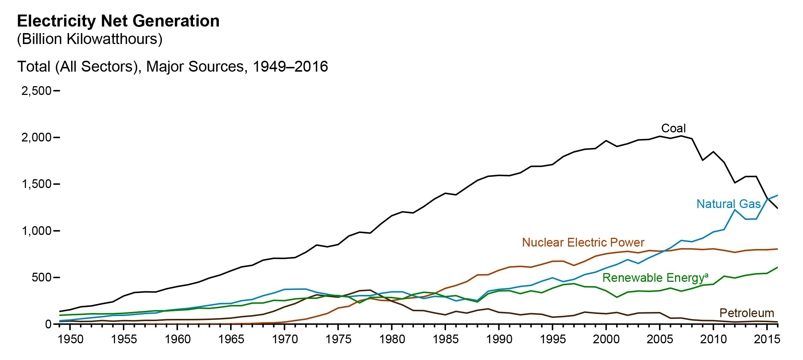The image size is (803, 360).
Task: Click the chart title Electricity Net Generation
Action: (x=118, y=21)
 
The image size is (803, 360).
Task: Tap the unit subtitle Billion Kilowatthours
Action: (x=89, y=39)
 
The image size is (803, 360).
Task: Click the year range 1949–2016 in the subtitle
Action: (x=290, y=67)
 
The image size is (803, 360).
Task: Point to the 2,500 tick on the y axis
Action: (x=36, y=91)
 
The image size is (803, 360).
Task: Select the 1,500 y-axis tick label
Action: (x=36, y=184)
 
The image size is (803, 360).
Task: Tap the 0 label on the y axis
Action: (x=48, y=324)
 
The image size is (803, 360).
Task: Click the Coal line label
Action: (x=673, y=128)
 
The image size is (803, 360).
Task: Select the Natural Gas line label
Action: (x=728, y=204)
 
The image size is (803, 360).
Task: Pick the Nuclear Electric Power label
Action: (x=583, y=243)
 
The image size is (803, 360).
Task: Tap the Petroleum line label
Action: (x=747, y=313)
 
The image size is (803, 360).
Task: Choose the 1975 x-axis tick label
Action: (x=338, y=339)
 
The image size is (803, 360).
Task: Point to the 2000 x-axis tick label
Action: (x=606, y=339)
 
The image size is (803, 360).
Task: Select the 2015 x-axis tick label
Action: (x=767, y=339)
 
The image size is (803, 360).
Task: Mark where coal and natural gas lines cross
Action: (x=767, y=199)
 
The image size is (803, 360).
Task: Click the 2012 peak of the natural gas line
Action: (x=735, y=210)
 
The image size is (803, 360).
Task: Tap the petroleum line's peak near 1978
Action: (x=370, y=290)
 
